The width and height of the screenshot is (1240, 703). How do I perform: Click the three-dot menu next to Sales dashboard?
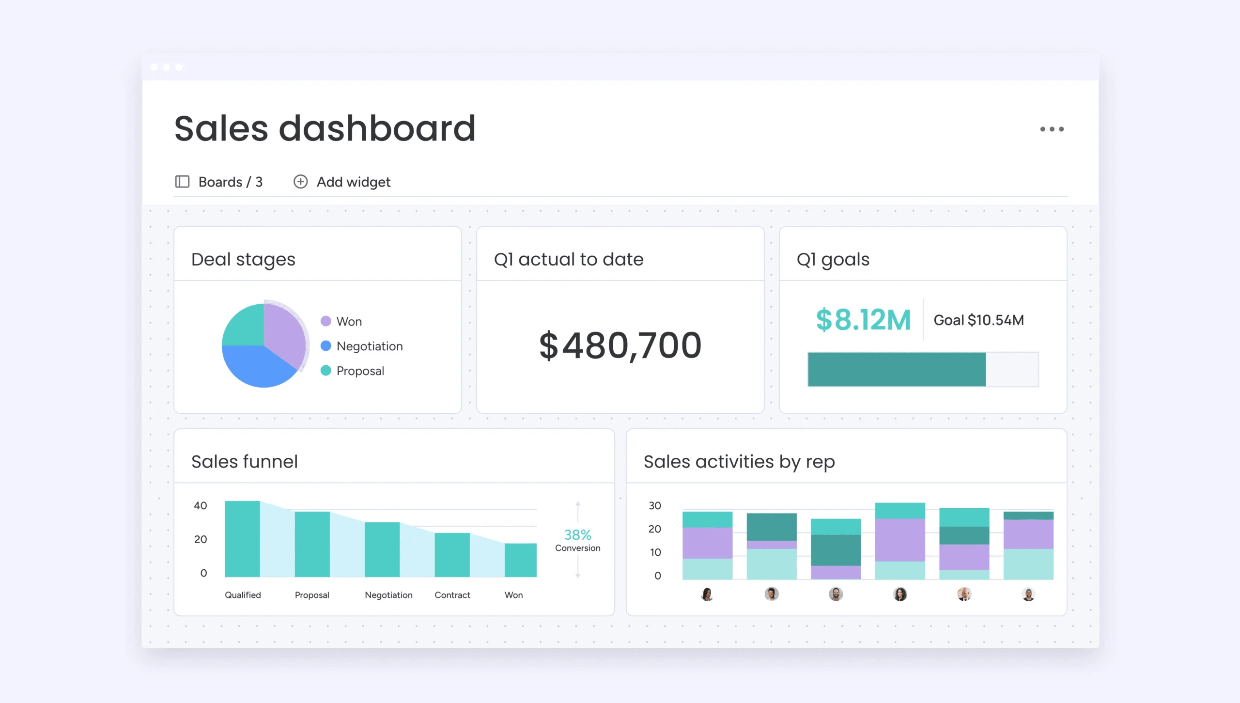1052,129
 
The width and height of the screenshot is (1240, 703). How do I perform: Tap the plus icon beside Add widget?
300,182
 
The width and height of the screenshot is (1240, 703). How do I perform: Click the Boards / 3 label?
230,182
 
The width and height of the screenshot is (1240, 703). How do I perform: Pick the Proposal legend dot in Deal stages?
326,371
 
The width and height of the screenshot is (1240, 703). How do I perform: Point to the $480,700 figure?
620,345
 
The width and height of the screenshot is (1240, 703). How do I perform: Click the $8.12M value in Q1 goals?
863,320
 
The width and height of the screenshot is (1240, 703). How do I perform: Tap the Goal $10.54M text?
978,320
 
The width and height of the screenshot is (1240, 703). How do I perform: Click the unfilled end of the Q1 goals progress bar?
1012,370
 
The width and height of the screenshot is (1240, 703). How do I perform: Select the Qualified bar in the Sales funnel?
242,539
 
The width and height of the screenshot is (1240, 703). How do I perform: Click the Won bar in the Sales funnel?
520,560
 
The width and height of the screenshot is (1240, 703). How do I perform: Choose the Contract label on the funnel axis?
452,595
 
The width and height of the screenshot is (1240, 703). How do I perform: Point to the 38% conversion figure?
577,535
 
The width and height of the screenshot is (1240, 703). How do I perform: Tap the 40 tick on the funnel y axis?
200,506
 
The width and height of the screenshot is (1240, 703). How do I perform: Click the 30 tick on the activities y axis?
654,506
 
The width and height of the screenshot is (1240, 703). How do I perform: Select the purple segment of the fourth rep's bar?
900,540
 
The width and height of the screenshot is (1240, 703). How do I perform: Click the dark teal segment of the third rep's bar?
836,550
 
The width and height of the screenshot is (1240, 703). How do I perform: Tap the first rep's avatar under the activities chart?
707,594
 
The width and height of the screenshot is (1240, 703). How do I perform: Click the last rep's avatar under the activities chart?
1028,594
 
